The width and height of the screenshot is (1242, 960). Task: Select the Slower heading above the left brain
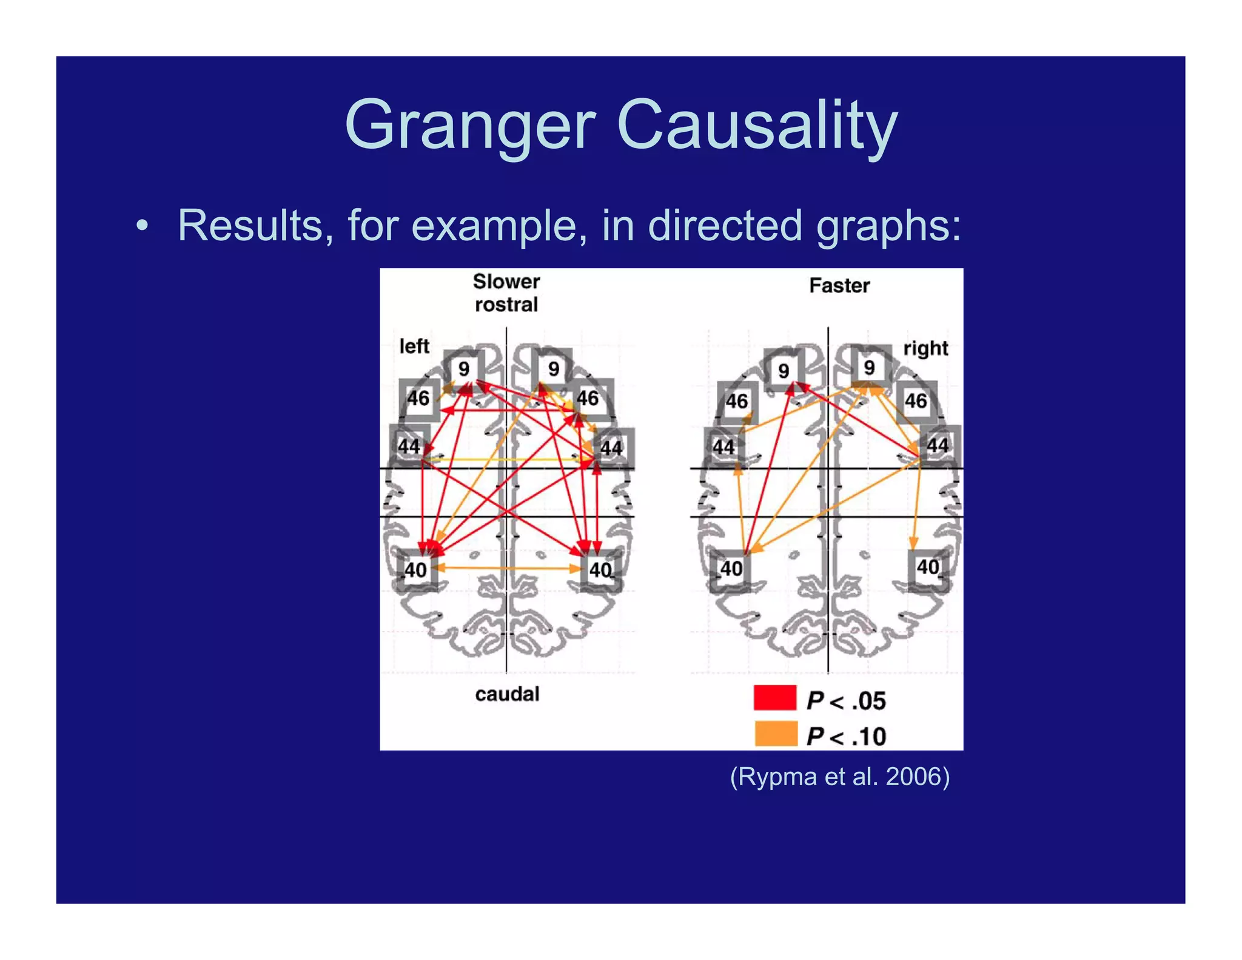pos(506,282)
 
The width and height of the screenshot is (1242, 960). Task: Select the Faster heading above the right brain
pos(839,285)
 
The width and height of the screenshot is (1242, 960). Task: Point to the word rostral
pos(506,305)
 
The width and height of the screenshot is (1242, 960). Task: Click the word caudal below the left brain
pos(507,694)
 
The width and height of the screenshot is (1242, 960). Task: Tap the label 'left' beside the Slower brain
pos(414,346)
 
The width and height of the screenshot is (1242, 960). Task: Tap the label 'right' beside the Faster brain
pos(925,348)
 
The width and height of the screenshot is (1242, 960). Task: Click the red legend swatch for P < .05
pos(774,698)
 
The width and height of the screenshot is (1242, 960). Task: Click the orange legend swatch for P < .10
pos(776,733)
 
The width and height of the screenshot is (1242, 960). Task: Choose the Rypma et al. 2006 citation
pos(840,777)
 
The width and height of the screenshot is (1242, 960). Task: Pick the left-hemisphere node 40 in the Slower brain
pos(416,570)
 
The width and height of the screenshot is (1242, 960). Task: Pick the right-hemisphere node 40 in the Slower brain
pos(600,570)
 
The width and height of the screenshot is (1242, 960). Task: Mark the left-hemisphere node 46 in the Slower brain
pos(418,399)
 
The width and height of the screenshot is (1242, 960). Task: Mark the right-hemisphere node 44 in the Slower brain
pos(611,448)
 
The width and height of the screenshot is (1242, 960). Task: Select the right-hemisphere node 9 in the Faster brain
pos(870,367)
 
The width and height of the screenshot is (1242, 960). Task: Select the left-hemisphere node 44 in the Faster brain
pos(723,447)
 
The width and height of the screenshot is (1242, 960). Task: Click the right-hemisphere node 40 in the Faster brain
pos(928,567)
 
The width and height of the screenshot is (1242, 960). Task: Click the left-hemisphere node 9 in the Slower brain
pos(464,368)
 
